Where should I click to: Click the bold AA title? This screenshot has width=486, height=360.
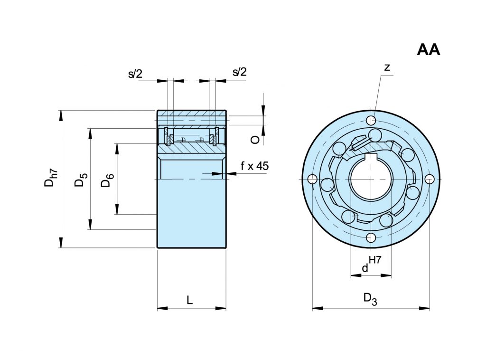pos(429,50)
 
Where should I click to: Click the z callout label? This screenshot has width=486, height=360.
pos(387,68)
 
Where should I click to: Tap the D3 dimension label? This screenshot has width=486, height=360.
pos(370,299)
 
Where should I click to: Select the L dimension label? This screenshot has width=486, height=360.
pos(190,300)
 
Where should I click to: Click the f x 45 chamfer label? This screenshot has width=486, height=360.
pos(254,166)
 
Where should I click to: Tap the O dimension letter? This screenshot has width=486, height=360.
pos(255,139)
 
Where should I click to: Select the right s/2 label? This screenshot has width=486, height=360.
pos(240,72)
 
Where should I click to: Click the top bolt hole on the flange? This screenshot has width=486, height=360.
pos(372,119)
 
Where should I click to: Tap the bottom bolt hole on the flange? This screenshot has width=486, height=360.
pos(371,237)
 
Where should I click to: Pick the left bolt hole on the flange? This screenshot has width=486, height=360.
pos(312,179)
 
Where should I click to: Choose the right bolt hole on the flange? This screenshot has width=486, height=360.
pos(430,179)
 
